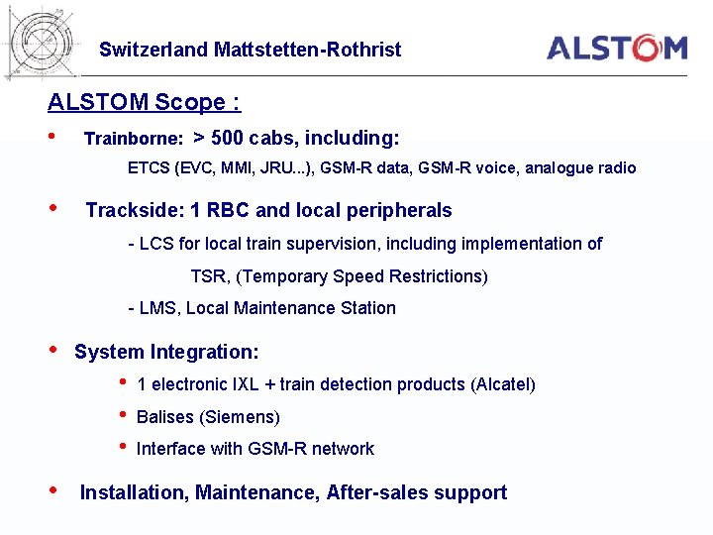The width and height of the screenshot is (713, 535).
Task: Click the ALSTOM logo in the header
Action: [617, 48]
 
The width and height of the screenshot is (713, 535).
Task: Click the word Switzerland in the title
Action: [153, 50]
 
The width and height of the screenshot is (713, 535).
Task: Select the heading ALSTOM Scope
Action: [144, 102]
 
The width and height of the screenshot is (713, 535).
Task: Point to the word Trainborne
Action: [133, 140]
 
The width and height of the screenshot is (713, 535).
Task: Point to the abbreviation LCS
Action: [155, 244]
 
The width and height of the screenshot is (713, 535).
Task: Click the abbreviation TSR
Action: [208, 276]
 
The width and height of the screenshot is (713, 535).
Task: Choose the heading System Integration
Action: [166, 352]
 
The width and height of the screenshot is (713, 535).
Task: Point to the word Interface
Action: [169, 449]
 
